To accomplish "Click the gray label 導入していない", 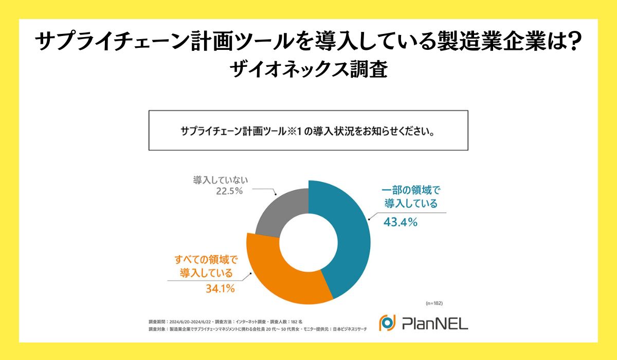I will (221, 180).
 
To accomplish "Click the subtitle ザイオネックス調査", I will (308, 69).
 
